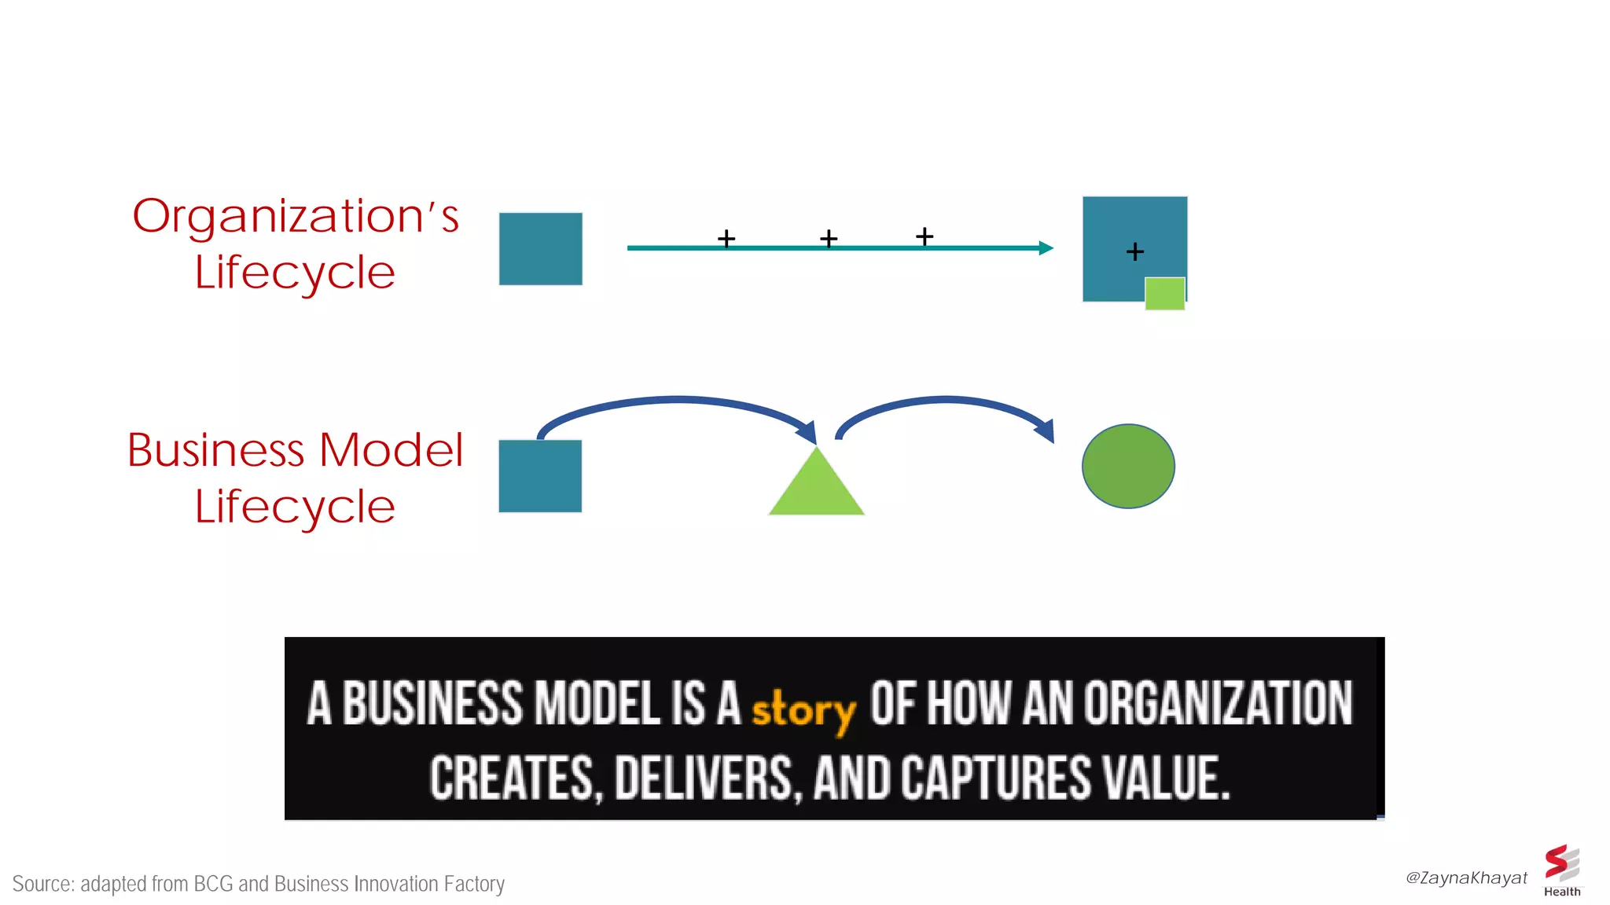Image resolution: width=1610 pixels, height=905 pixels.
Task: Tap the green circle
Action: click(1128, 467)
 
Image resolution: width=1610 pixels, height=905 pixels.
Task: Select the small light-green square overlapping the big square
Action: click(1164, 294)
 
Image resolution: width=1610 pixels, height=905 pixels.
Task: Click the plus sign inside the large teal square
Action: click(1134, 251)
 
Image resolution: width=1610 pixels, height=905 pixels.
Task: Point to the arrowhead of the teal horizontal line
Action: click(1046, 248)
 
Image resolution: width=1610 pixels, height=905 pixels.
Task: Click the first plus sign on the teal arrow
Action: click(726, 238)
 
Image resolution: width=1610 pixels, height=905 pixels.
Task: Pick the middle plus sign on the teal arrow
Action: click(829, 238)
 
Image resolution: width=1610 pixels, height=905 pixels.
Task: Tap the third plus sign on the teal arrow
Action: click(924, 236)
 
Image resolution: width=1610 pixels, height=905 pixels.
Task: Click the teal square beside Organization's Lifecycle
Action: click(541, 249)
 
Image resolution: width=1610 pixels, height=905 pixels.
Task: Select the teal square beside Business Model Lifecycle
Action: click(540, 476)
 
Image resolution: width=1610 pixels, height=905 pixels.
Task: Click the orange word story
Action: click(803, 709)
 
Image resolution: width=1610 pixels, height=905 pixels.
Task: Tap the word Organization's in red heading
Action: click(295, 217)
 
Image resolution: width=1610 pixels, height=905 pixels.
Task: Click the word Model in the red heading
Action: click(391, 450)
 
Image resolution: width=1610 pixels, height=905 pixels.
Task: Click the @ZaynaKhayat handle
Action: click(1466, 878)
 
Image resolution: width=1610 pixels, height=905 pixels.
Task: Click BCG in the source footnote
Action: click(213, 884)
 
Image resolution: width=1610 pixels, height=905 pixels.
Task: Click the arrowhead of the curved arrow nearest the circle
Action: click(1046, 431)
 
